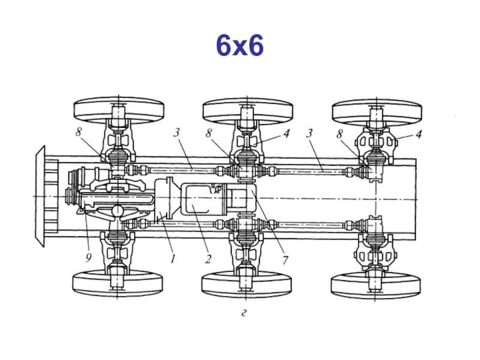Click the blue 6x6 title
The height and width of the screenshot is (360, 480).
(x=239, y=46)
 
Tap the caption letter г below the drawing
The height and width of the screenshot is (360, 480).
(x=244, y=313)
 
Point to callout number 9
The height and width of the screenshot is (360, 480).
(x=88, y=258)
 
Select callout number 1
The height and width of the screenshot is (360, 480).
(x=173, y=259)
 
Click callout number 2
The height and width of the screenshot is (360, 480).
(x=208, y=259)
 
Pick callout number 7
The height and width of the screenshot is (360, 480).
(x=286, y=260)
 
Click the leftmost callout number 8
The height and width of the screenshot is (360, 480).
(x=79, y=132)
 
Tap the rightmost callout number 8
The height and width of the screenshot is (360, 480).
(x=340, y=134)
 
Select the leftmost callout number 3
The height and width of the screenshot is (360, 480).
(x=176, y=133)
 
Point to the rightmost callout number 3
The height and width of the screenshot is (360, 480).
(x=310, y=133)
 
